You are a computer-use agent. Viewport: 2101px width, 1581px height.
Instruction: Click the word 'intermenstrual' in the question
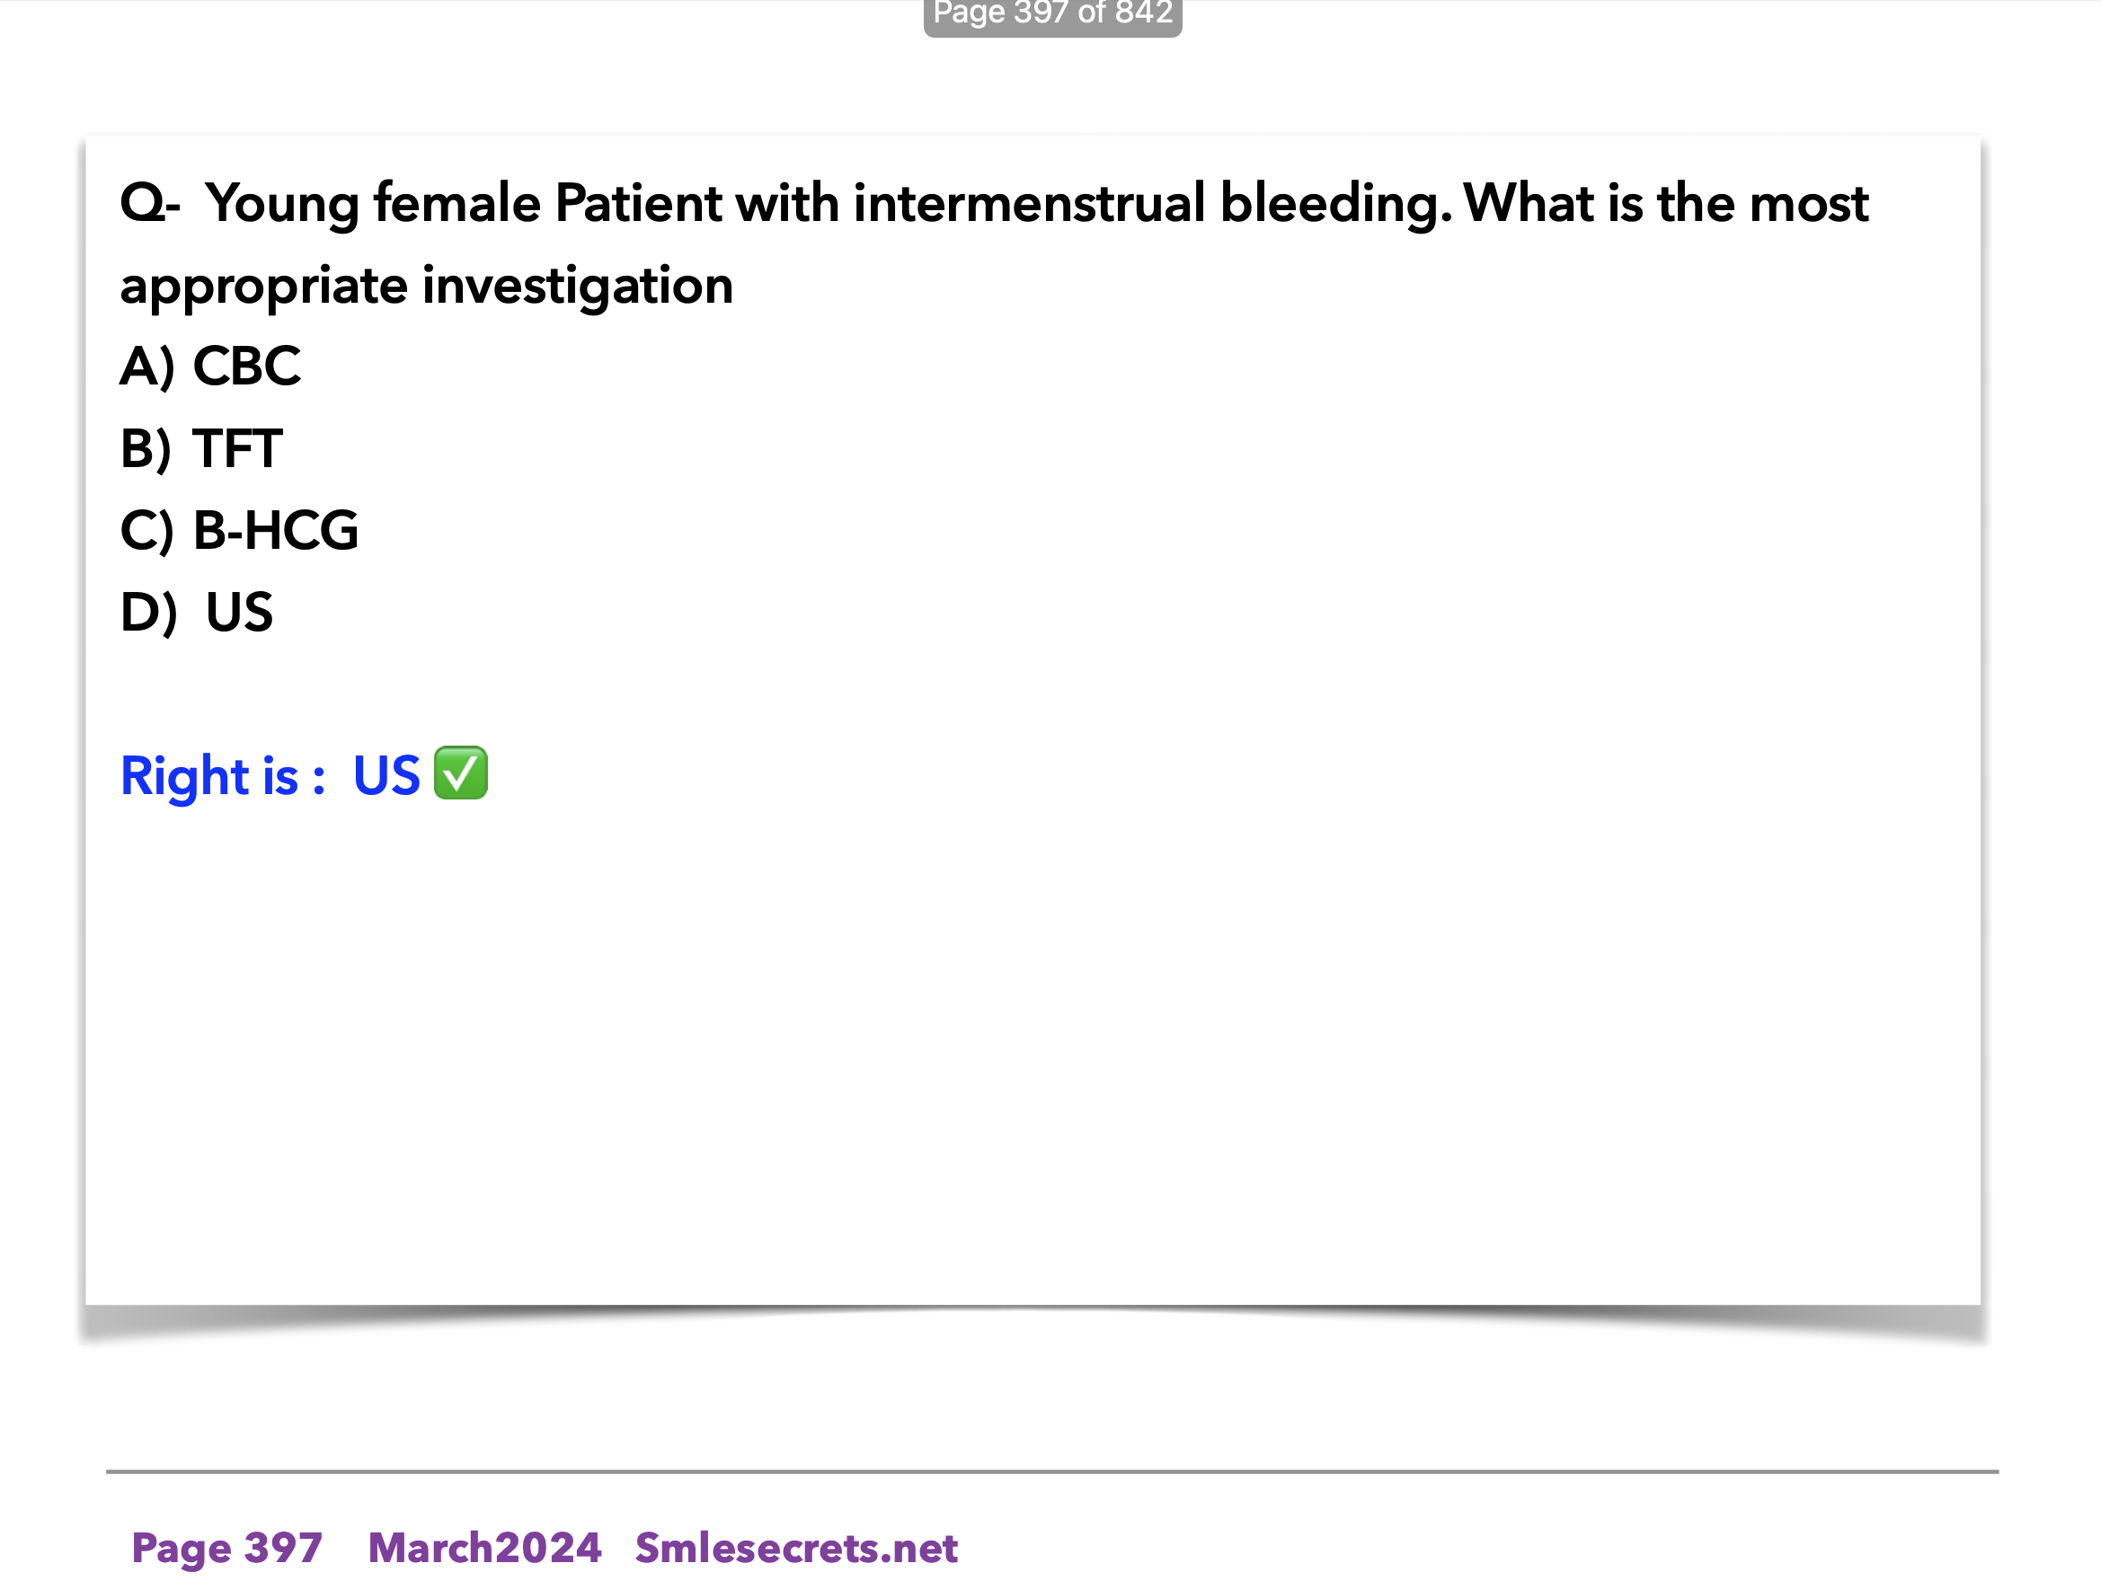coord(1030,203)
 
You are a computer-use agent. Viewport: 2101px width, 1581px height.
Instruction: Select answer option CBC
coord(247,366)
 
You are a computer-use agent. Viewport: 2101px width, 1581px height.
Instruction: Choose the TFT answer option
coord(237,448)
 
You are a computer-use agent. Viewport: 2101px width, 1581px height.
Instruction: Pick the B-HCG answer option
coord(276,530)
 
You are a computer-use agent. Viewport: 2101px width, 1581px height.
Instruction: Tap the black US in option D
coord(239,612)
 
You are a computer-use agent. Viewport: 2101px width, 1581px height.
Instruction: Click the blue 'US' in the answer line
coord(386,776)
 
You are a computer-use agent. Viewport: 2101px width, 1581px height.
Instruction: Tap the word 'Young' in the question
coord(282,205)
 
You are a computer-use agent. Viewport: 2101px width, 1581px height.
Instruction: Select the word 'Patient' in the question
coord(638,203)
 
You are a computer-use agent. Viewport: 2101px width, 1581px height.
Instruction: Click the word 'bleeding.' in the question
coord(1336,205)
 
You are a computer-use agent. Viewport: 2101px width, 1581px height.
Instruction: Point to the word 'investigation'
coord(578,287)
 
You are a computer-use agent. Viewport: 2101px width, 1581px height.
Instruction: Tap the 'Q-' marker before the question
coord(150,203)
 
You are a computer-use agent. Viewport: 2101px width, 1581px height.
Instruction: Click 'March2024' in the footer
coord(484,1547)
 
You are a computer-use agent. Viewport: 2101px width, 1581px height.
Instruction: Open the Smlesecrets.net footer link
coord(796,1547)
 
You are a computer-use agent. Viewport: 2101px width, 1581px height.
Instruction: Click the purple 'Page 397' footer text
coord(227,1548)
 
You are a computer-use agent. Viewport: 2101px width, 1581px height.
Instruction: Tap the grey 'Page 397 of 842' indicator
coord(1052,15)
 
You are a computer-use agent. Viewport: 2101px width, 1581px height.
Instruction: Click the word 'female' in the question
coord(457,203)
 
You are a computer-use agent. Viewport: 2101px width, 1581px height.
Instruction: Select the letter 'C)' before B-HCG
coord(147,530)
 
